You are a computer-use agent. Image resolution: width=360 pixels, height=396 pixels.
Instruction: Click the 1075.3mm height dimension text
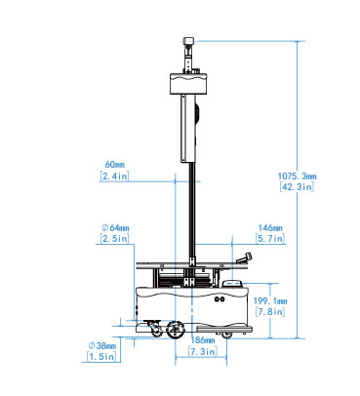297,177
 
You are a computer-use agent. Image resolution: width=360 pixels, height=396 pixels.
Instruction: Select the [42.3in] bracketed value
297,186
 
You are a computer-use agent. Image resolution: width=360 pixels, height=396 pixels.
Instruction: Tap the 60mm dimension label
114,165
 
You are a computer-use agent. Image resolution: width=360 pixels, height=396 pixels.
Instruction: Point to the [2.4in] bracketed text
114,176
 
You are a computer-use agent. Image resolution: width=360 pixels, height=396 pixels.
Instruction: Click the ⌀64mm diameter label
115,228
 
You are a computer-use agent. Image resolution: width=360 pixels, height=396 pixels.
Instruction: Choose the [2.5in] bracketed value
114,239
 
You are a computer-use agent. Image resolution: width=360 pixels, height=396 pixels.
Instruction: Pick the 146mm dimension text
270,228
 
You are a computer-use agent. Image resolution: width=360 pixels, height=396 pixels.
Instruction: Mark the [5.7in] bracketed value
270,239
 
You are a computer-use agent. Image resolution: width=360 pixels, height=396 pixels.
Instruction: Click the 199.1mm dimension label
270,301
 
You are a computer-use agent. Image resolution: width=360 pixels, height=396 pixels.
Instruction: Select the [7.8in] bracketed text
270,312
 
